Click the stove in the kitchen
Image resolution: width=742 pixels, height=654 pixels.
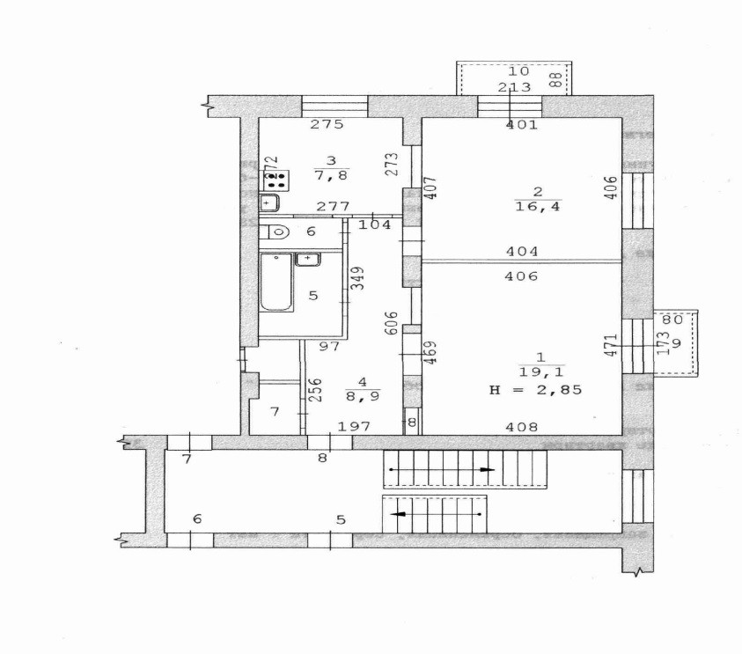pyautogui.click(x=277, y=180)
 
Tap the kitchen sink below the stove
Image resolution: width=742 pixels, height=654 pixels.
pyautogui.click(x=269, y=204)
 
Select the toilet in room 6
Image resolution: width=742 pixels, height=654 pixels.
pyautogui.click(x=277, y=233)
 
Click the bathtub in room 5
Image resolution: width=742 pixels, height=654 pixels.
pyautogui.click(x=277, y=283)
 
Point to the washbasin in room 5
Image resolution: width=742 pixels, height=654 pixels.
pyautogui.click(x=307, y=259)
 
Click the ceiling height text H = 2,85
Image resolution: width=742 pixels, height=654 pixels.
pyautogui.click(x=536, y=389)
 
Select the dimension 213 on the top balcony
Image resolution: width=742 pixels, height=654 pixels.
pyautogui.click(x=514, y=86)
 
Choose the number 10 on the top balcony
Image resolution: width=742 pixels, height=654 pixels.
pyautogui.click(x=518, y=71)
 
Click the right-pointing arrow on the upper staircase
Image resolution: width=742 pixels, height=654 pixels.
pyautogui.click(x=485, y=471)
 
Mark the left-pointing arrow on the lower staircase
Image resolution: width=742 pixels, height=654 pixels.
pyautogui.click(x=398, y=513)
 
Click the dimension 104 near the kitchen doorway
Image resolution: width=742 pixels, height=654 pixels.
pyautogui.click(x=376, y=225)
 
